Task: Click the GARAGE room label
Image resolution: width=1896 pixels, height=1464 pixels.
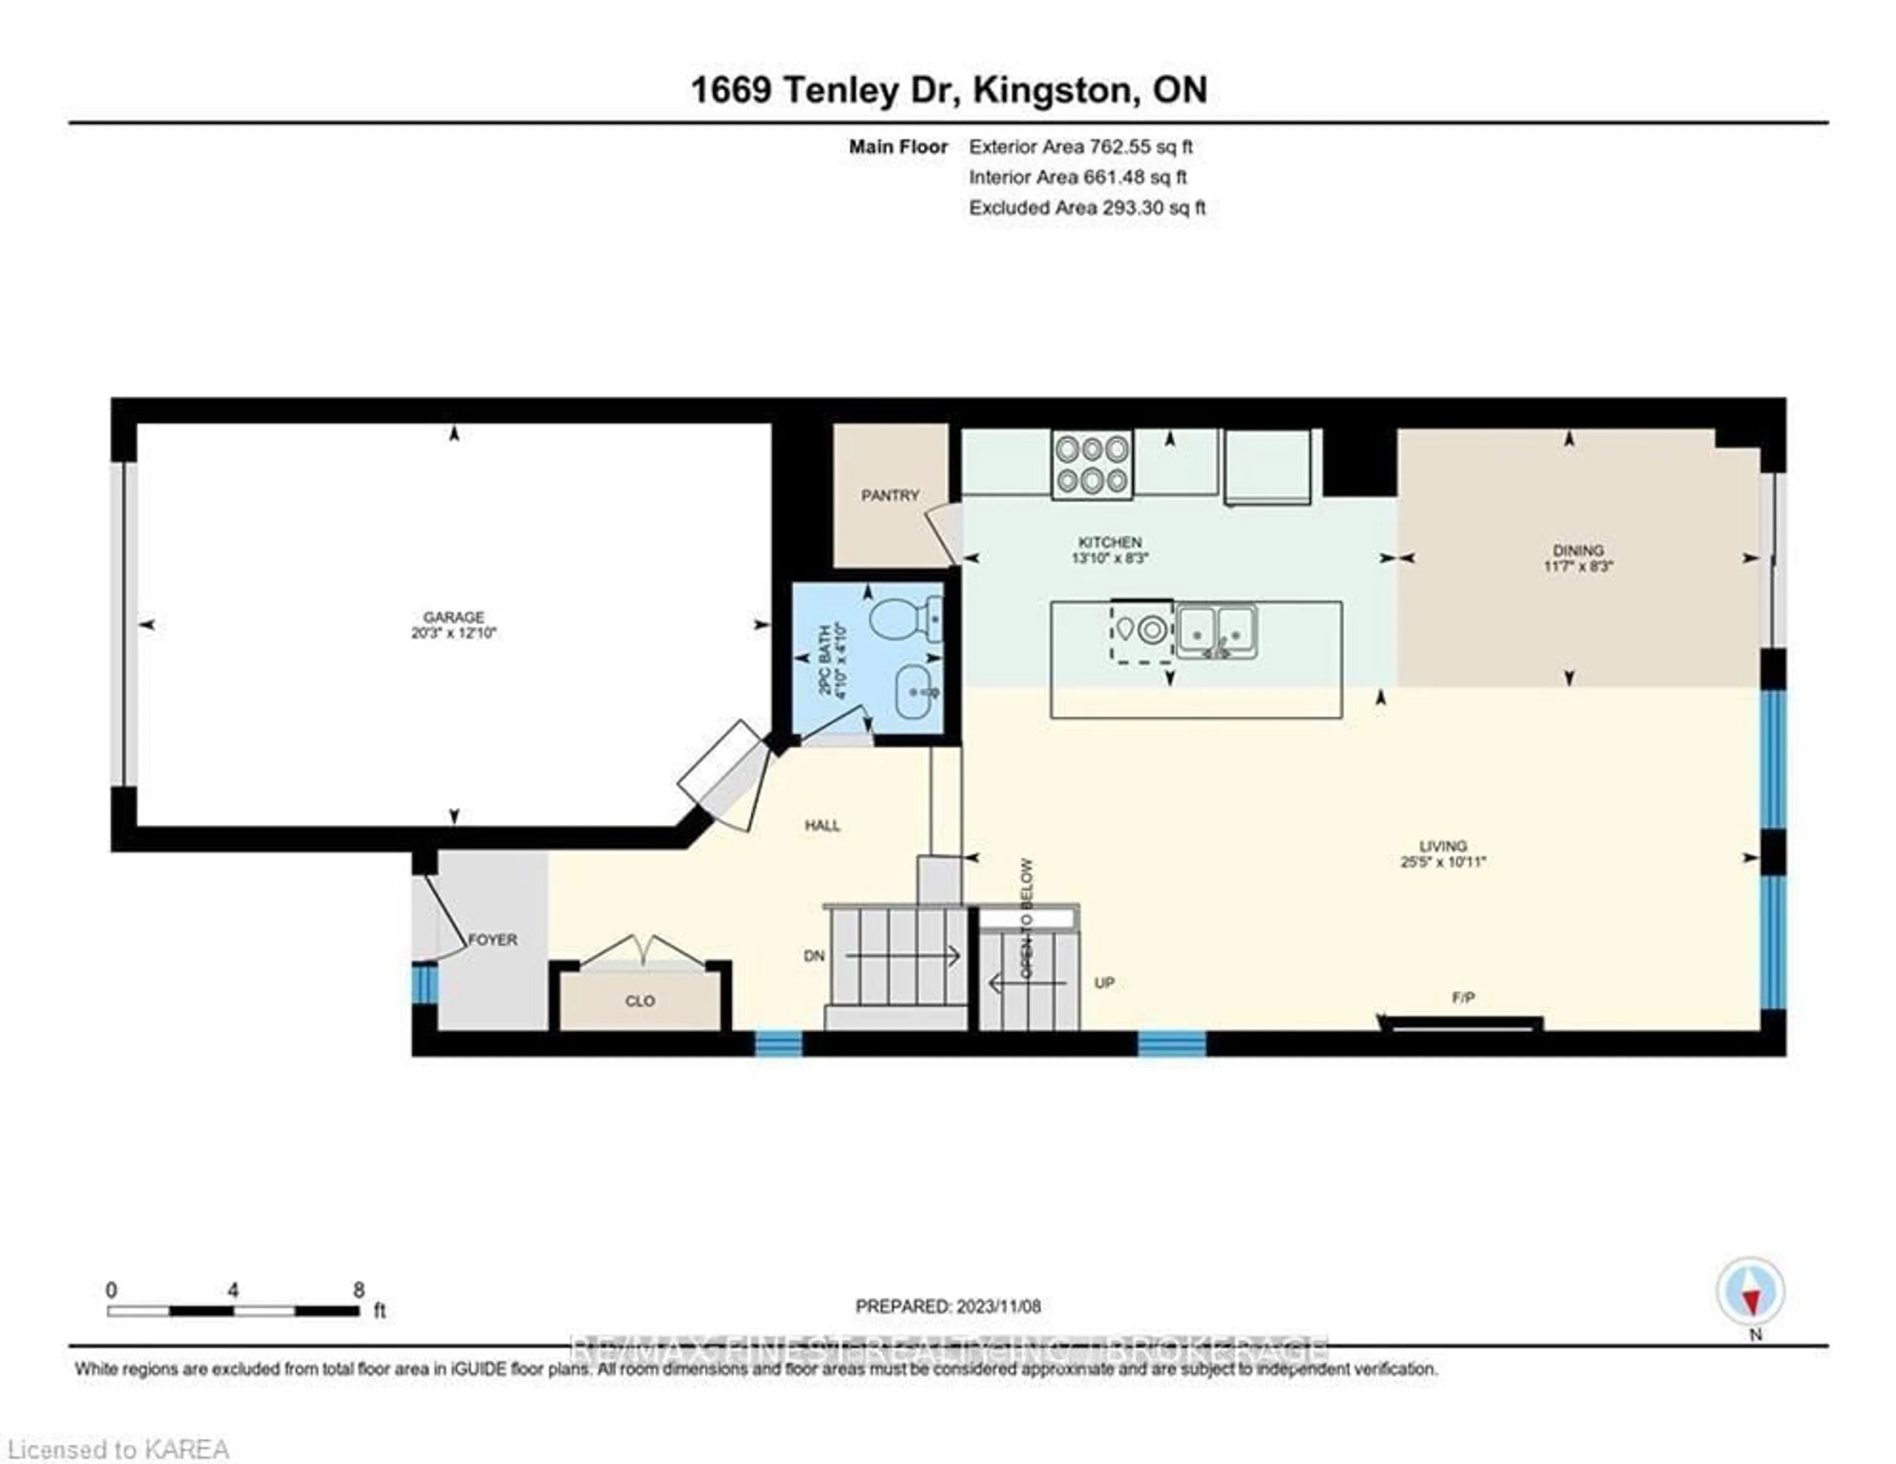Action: pos(453,617)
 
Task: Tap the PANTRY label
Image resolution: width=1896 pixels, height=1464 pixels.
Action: pos(890,495)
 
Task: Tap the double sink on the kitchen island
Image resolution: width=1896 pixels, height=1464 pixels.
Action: pos(1216,630)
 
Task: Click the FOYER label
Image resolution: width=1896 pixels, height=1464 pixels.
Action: pos(492,939)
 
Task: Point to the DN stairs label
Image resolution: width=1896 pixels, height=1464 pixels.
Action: pos(813,956)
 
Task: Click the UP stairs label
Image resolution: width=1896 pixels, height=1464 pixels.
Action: pos(1104,983)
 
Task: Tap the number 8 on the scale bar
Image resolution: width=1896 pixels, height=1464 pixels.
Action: pos(358,1290)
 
